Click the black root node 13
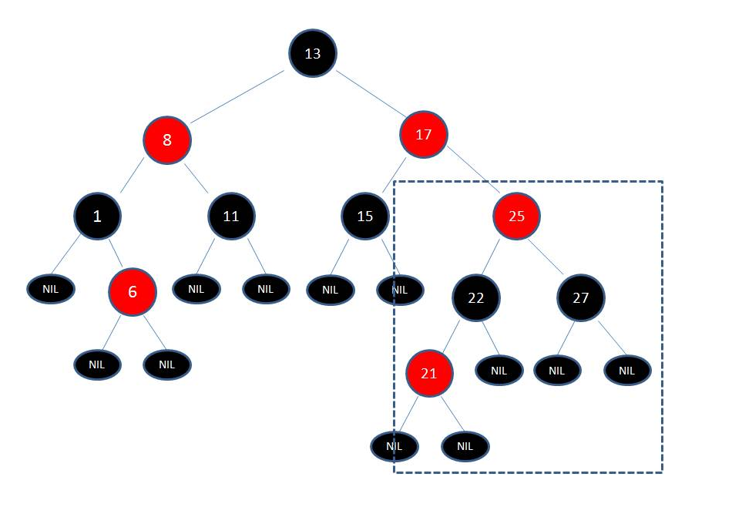click(x=312, y=53)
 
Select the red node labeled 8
click(x=166, y=141)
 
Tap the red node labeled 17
click(x=423, y=135)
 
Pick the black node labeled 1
click(x=97, y=216)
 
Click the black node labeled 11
click(x=231, y=216)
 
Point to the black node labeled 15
click(x=365, y=216)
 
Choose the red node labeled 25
click(x=516, y=216)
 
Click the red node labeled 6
click(x=133, y=292)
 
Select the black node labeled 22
click(x=476, y=297)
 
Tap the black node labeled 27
click(x=581, y=297)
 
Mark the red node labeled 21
click(x=429, y=374)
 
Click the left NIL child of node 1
click(x=52, y=290)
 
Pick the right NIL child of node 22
click(x=499, y=371)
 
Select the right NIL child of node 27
click(x=627, y=371)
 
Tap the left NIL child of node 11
click(x=196, y=290)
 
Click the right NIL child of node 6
click(x=167, y=364)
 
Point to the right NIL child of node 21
click(x=465, y=446)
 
